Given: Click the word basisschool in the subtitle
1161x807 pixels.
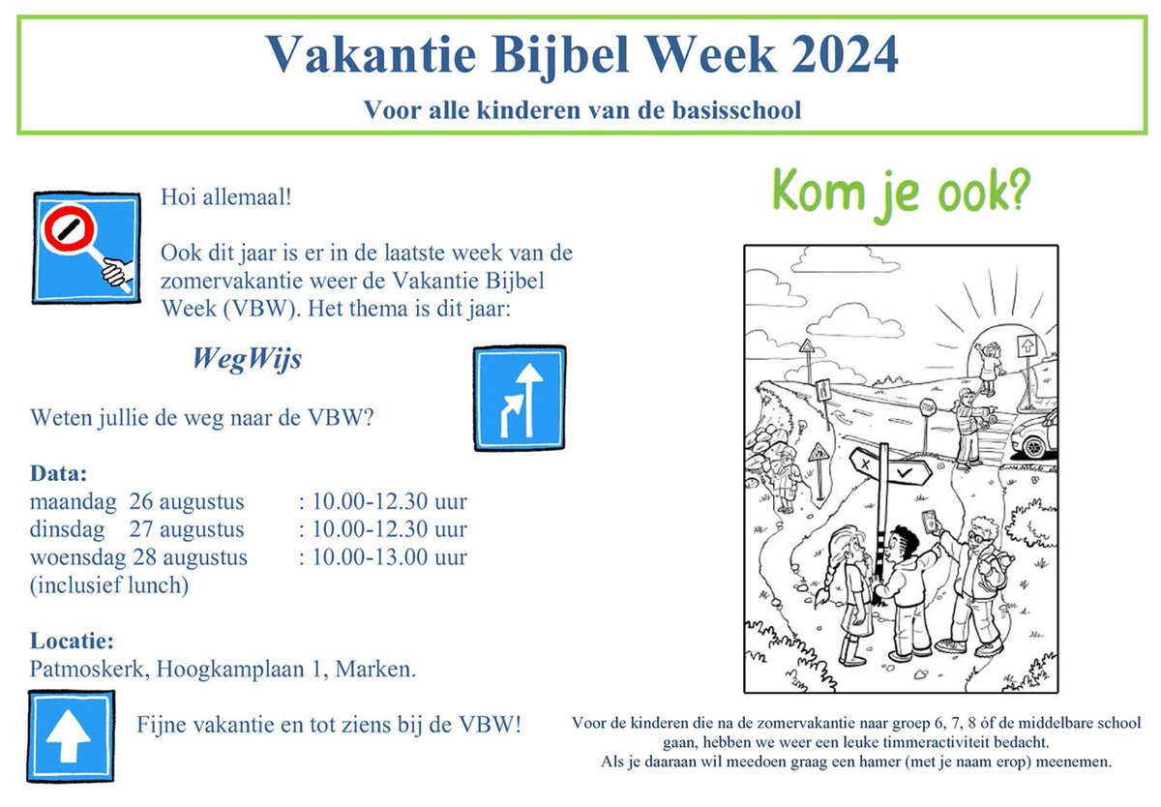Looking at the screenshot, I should point(738,110).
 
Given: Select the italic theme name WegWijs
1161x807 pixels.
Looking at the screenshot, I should point(247,360).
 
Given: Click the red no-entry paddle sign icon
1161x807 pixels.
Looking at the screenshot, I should point(86,247).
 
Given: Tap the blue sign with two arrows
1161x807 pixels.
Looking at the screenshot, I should point(520,398).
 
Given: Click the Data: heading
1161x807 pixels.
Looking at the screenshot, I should point(59,475).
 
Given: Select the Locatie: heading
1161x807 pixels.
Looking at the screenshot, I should point(73,641).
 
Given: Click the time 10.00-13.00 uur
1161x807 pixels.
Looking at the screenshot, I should point(383,557).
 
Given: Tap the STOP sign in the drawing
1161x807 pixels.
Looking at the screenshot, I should point(927,406).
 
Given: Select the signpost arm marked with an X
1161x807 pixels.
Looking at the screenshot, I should point(863,463).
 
